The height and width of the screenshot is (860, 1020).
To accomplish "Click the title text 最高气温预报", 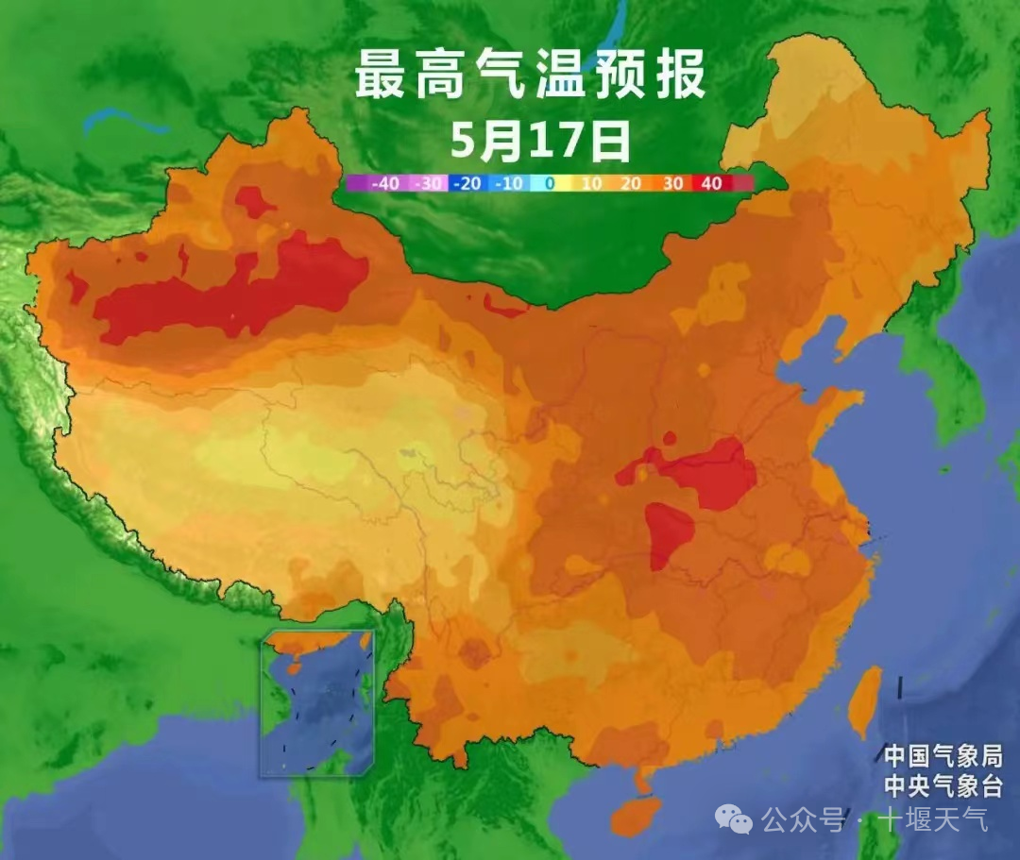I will click(530, 76).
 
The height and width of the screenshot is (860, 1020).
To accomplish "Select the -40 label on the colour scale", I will click(384, 184).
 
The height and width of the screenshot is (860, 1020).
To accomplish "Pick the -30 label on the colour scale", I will click(430, 184).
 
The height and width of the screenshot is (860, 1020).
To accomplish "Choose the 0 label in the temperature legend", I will click(550, 184).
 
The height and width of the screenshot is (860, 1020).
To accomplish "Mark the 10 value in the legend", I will click(590, 184).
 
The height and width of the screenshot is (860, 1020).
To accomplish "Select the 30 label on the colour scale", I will click(671, 184).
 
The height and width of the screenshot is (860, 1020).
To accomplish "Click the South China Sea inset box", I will click(317, 702).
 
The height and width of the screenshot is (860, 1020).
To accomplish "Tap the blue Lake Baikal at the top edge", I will click(614, 28).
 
